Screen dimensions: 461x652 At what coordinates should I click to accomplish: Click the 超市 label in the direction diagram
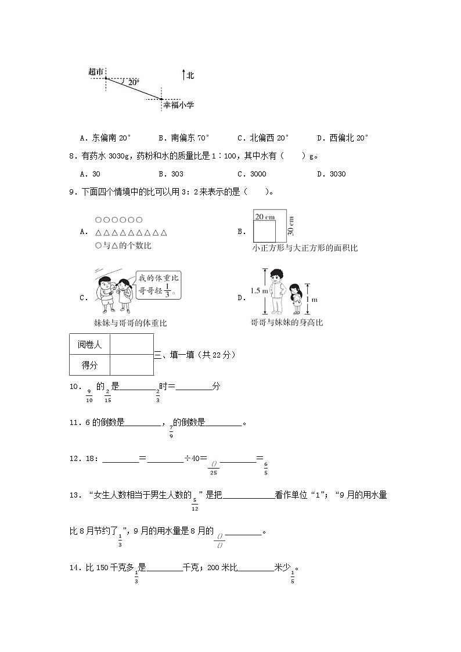tap(96, 71)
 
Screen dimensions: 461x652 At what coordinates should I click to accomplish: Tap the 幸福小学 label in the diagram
tap(178, 105)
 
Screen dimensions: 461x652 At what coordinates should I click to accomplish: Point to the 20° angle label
tap(134, 83)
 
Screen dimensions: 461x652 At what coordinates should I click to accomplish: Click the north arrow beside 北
tap(183, 75)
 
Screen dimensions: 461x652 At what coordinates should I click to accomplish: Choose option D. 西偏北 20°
tap(343, 138)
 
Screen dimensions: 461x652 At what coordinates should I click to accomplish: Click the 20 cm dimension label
tap(265, 217)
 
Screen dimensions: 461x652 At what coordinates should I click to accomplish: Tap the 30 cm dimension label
tap(291, 225)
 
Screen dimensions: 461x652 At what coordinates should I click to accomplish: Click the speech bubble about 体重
tap(159, 285)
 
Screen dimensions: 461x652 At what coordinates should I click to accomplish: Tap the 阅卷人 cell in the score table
tap(89, 344)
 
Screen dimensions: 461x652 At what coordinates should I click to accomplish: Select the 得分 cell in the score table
tap(89, 365)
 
